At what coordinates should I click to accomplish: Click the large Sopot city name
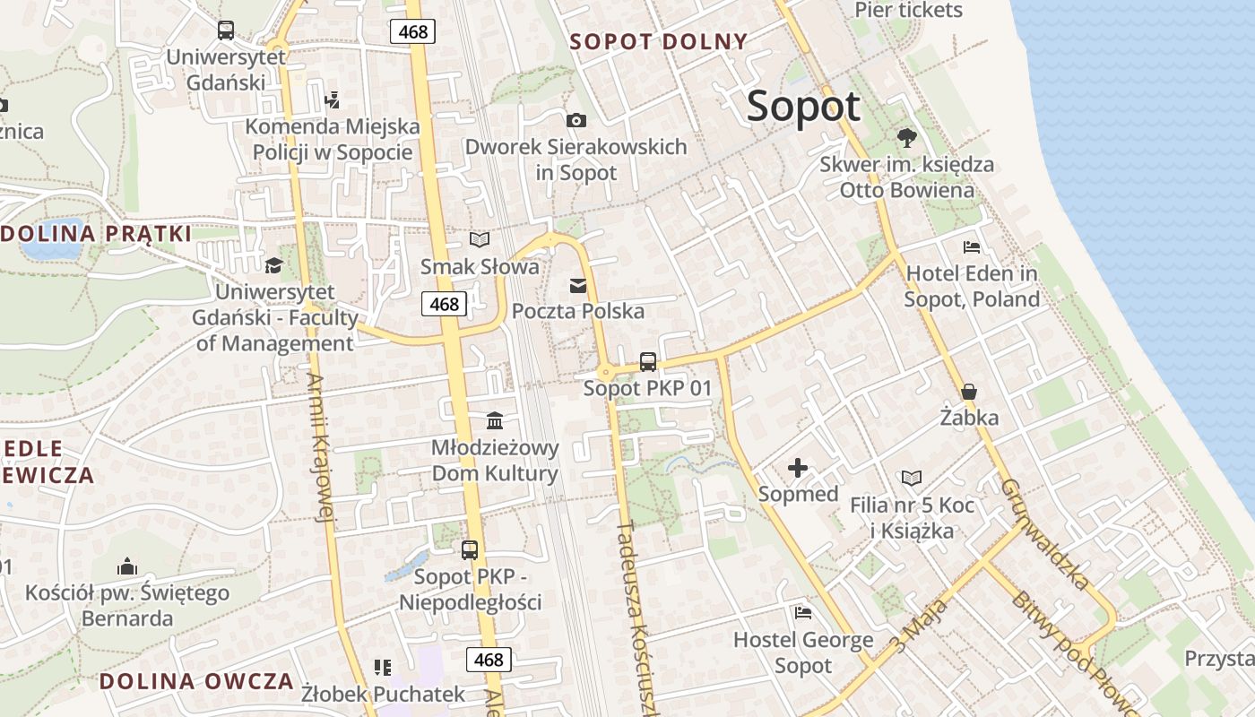coord(803,107)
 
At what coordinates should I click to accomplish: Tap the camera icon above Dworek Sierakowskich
coord(576,120)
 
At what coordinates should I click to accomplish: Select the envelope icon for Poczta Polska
coord(577,286)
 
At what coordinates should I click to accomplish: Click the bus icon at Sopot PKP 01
coord(647,362)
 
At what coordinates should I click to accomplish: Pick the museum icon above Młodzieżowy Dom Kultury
coord(494,420)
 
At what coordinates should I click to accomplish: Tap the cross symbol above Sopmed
coord(798,467)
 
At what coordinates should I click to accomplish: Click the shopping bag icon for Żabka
coord(969,392)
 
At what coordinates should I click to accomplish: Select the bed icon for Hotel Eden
coord(972,247)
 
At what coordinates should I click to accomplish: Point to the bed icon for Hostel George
coord(803,613)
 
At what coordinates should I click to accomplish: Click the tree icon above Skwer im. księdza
coord(906,137)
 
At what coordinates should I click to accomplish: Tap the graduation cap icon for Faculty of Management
coord(273,265)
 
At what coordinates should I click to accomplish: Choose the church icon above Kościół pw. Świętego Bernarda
coord(126,566)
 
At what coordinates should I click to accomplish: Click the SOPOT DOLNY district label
coord(659,41)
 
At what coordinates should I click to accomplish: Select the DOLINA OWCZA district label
coord(196,681)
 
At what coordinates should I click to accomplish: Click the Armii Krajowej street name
coord(321,446)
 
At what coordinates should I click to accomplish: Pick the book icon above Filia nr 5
coord(911,479)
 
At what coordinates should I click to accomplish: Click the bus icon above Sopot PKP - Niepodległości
coord(470,550)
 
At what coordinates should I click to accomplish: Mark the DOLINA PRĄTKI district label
coord(97,235)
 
